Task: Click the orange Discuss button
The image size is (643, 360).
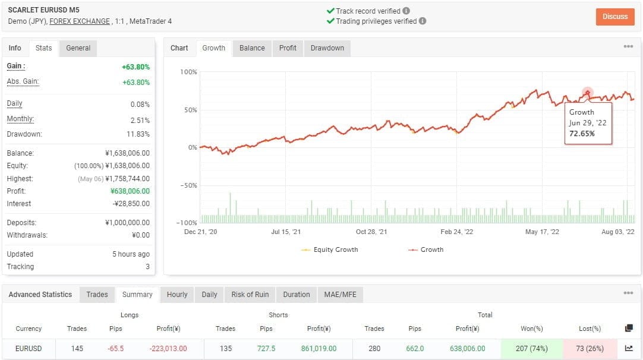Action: pyautogui.click(x=614, y=17)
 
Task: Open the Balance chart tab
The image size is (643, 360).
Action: pyautogui.click(x=252, y=48)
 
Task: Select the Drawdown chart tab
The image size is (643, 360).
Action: pyautogui.click(x=327, y=48)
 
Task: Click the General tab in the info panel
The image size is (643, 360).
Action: pyautogui.click(x=78, y=48)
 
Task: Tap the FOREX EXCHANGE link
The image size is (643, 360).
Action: pyautogui.click(x=80, y=21)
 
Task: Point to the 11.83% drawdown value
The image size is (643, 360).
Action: pyautogui.click(x=138, y=134)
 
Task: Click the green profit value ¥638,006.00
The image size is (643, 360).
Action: pyautogui.click(x=130, y=191)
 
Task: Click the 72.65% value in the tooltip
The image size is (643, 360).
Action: pyautogui.click(x=582, y=134)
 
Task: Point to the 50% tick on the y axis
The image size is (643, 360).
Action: pyautogui.click(x=188, y=110)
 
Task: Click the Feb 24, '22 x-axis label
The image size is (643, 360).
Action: pyautogui.click(x=456, y=232)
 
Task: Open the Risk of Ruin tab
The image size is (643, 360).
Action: pyautogui.click(x=250, y=295)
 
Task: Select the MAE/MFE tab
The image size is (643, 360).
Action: pyautogui.click(x=339, y=295)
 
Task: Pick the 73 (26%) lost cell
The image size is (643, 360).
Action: pyautogui.click(x=590, y=349)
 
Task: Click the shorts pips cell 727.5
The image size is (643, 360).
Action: pyautogui.click(x=266, y=349)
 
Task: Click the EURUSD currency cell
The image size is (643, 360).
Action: pyautogui.click(x=29, y=349)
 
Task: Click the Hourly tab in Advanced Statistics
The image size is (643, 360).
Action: pyautogui.click(x=177, y=295)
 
